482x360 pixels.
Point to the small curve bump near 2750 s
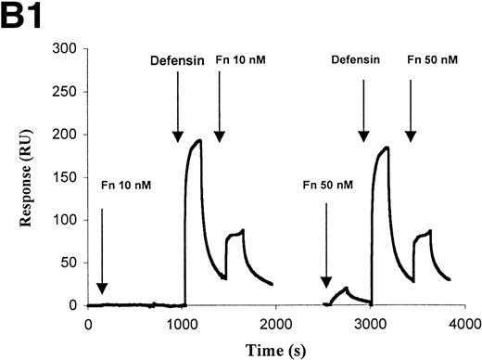point(346,288)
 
